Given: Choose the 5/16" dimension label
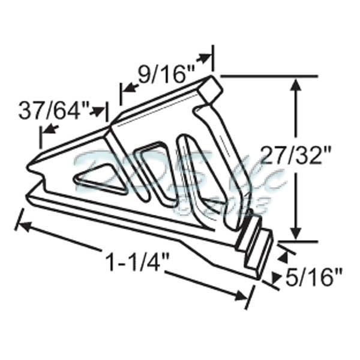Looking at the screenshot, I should [313, 277].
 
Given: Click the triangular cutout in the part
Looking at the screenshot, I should [98, 180].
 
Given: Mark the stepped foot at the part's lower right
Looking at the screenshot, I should [255, 246].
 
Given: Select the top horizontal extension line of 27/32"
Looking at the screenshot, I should [270, 77].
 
